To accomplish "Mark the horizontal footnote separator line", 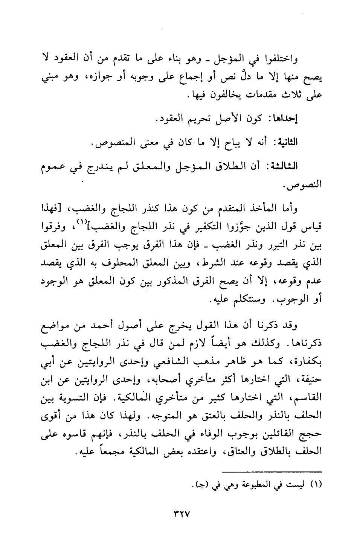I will point(272,471).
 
